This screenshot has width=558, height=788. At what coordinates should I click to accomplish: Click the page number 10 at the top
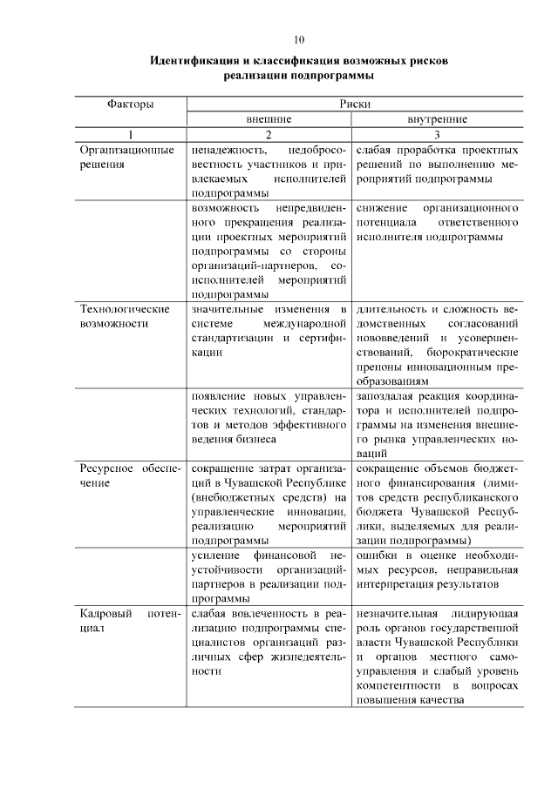point(299,40)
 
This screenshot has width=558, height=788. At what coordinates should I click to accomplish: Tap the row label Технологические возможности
point(124,315)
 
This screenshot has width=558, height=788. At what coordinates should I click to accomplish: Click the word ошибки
point(377,554)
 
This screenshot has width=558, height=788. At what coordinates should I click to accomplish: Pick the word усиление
point(214,554)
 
